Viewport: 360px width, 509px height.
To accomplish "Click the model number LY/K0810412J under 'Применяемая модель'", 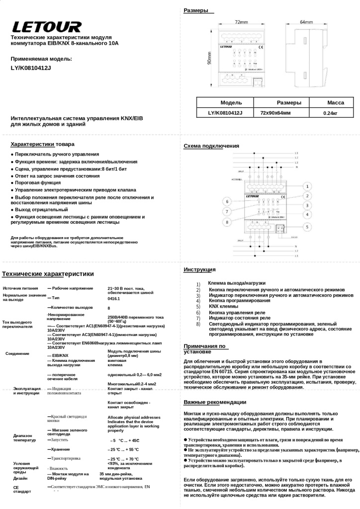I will (x=31, y=68).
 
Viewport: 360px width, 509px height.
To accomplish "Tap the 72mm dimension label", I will (x=241, y=22).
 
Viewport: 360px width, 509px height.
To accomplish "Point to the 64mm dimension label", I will (x=306, y=22).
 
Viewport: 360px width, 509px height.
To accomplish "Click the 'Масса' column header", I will (x=335, y=102).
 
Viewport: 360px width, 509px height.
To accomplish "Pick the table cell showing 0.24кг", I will (x=330, y=113).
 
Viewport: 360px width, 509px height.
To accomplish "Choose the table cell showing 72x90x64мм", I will (x=275, y=113).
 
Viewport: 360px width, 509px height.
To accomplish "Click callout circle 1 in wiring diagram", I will (x=307, y=186).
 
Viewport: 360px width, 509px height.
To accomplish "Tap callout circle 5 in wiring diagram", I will (x=307, y=227).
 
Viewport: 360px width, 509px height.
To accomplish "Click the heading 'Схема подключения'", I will (x=211, y=146).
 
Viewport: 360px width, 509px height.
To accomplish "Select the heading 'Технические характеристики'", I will (x=48, y=274).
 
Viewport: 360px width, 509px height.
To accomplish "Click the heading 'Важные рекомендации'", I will (x=215, y=402).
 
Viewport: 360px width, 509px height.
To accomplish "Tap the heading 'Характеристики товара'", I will (x=43, y=144).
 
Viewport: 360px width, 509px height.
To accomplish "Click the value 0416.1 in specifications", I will (x=114, y=299).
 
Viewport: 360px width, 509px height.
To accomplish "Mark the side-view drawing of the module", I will (x=306, y=55).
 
